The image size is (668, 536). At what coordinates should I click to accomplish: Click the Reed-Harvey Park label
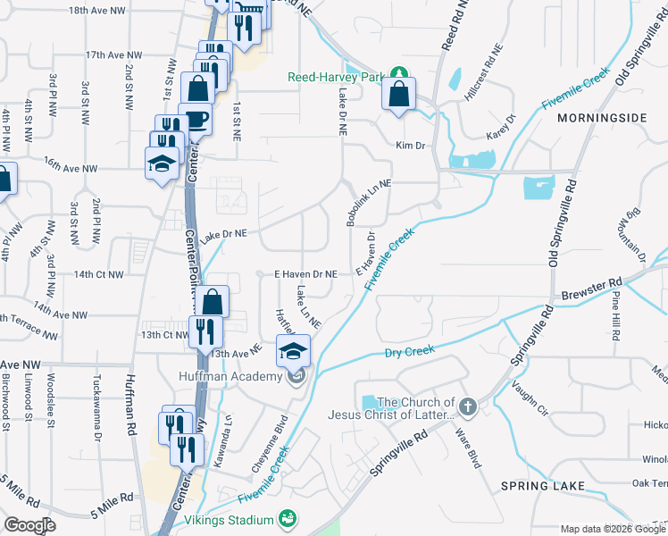(x=340, y=77)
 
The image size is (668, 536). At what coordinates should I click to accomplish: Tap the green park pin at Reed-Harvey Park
(x=401, y=73)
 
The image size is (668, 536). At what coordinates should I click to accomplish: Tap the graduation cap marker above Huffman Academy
(x=292, y=352)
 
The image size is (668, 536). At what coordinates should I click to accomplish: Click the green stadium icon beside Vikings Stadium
(x=288, y=518)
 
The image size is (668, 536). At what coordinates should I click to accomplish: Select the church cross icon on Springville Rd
(x=467, y=406)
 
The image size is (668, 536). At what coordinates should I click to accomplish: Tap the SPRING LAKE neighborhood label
(x=542, y=486)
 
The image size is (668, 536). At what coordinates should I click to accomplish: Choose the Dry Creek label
(x=409, y=352)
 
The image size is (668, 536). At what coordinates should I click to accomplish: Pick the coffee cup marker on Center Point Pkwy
(x=194, y=120)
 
